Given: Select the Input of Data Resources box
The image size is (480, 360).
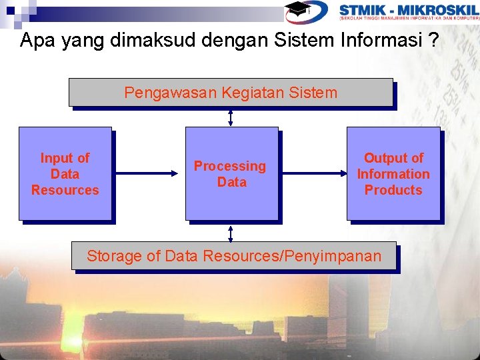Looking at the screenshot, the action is coord(65,173).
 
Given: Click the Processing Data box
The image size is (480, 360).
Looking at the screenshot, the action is coord(231,173).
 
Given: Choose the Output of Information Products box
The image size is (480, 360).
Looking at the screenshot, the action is coord(393,173).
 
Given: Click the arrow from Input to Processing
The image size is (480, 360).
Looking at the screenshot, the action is coord(148,174).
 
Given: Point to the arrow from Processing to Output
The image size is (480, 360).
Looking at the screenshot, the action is coord(312,174).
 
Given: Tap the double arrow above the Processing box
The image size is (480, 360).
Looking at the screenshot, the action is coord(230,117).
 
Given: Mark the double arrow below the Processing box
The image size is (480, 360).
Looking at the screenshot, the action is coord(230,232).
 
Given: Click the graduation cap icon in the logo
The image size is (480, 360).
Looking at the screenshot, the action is coord(298,9).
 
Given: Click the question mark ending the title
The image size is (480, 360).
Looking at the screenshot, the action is coord(434,41).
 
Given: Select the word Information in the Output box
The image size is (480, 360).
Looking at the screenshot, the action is coord(393,174).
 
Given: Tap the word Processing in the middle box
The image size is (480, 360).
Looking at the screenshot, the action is coord(229,166).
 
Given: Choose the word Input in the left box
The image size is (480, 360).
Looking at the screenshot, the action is coord(56,158).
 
